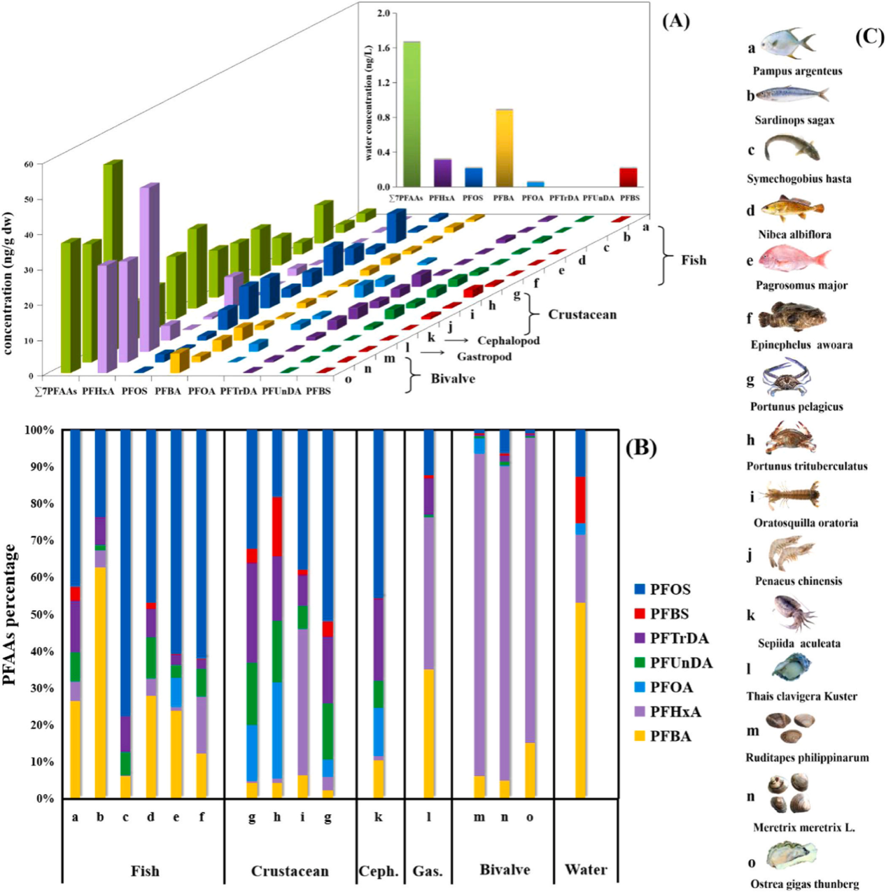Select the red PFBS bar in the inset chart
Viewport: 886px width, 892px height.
pyautogui.click(x=629, y=177)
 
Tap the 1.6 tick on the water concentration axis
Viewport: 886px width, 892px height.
pyautogui.click(x=384, y=48)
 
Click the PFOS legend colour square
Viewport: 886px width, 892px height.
pyautogui.click(x=640, y=589)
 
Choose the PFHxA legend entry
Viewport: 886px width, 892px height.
pyautogui.click(x=675, y=712)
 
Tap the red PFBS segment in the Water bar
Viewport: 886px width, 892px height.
pyautogui.click(x=580, y=500)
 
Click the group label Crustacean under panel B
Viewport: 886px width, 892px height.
pyautogui.click(x=290, y=871)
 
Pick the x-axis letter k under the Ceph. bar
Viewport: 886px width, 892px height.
pyautogui.click(x=379, y=816)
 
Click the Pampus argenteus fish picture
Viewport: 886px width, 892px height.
pyautogui.click(x=788, y=44)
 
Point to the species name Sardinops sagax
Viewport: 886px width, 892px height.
pyautogui.click(x=794, y=120)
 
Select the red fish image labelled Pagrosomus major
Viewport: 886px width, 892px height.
pyautogui.click(x=794, y=260)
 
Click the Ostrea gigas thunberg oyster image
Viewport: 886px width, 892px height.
pyautogui.click(x=792, y=856)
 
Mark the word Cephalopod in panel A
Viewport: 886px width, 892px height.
pyautogui.click(x=509, y=341)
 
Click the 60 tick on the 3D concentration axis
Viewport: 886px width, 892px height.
pyautogui.click(x=29, y=164)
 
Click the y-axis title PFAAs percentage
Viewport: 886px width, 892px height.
pyautogui.click(x=10, y=614)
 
